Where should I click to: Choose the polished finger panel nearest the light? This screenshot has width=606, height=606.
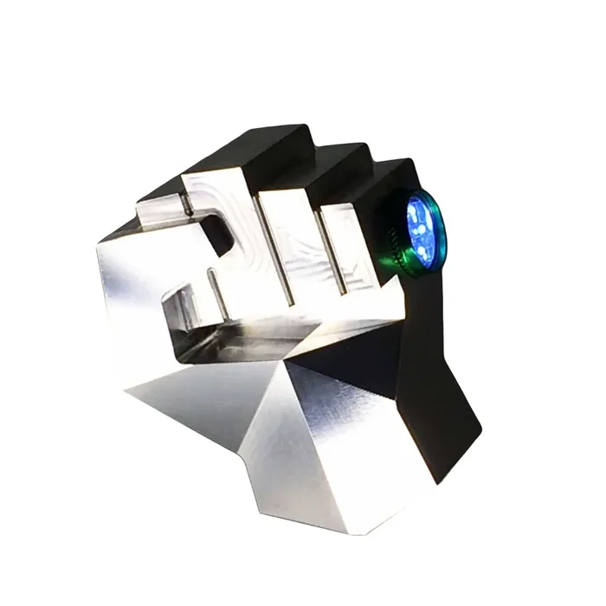click(x=350, y=247)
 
